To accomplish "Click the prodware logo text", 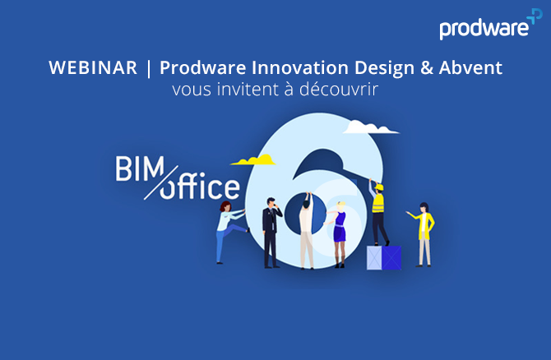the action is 484,29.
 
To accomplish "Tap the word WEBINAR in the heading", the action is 93,67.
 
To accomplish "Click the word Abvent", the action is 470,67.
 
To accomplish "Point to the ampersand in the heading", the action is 427,67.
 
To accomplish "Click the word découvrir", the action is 339,90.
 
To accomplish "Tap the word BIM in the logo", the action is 140,168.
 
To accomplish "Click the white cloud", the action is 370,127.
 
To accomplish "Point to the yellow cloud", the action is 253,160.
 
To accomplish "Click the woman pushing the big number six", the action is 230,232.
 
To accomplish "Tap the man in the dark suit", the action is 271,233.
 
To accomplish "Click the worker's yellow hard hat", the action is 379,187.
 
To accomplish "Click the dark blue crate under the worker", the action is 391,258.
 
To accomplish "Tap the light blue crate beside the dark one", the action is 374,258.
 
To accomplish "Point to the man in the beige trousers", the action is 307,231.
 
